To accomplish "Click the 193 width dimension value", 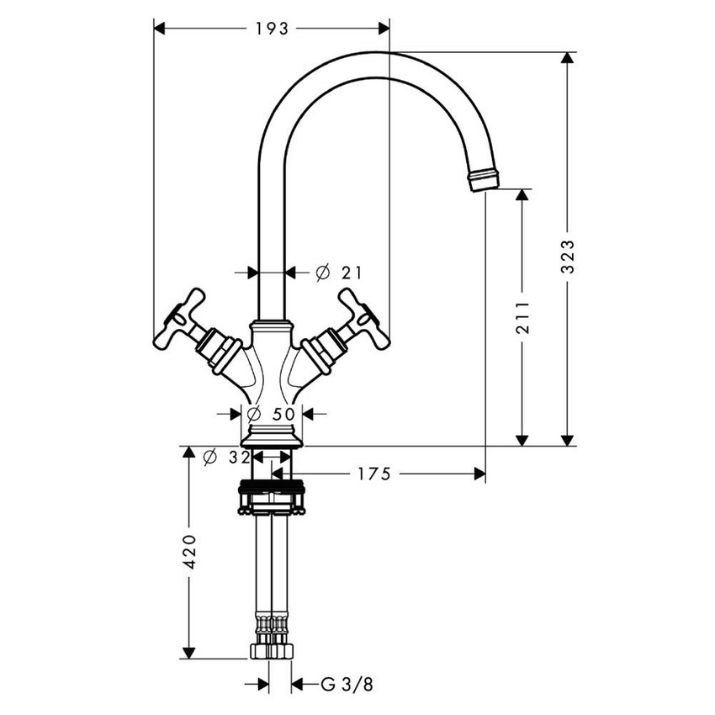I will [x=272, y=29].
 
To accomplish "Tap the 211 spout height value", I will [x=522, y=317].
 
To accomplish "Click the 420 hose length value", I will [x=189, y=551].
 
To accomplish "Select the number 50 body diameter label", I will [x=284, y=413].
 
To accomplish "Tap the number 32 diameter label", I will [x=240, y=457].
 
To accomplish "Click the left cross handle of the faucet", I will [x=180, y=319].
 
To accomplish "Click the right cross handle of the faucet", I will [x=363, y=319].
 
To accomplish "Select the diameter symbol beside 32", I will [x=210, y=457].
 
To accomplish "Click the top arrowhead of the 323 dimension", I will [x=569, y=60].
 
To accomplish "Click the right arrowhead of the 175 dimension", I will [x=479, y=474].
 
